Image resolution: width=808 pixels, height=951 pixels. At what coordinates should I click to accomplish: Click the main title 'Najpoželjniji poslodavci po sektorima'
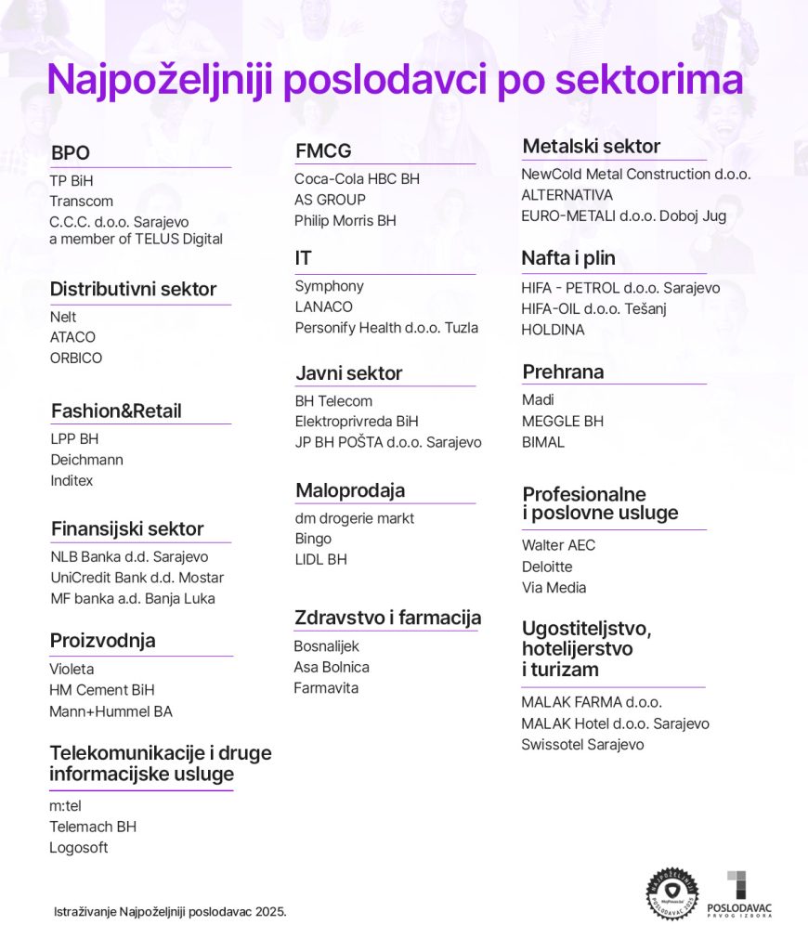pyautogui.click(x=395, y=81)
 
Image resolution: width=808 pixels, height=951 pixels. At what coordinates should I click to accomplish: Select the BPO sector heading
pyautogui.click(x=71, y=153)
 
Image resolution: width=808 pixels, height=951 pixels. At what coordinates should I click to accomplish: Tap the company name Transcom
pyautogui.click(x=82, y=202)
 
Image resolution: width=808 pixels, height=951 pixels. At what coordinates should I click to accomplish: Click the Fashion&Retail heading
pyautogui.click(x=116, y=410)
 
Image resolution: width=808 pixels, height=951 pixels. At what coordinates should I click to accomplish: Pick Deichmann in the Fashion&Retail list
pyautogui.click(x=86, y=460)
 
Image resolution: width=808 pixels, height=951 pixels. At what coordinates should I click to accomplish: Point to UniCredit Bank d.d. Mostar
pyautogui.click(x=137, y=578)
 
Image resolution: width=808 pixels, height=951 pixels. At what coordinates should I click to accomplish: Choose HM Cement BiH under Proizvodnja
pyautogui.click(x=102, y=690)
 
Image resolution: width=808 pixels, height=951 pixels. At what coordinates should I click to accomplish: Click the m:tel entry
pyautogui.click(x=66, y=806)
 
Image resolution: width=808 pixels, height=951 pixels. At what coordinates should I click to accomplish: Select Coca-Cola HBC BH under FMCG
pyautogui.click(x=358, y=178)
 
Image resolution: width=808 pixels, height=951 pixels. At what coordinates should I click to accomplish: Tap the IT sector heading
pyautogui.click(x=304, y=258)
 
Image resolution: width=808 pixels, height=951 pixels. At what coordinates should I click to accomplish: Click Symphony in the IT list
pyautogui.click(x=329, y=286)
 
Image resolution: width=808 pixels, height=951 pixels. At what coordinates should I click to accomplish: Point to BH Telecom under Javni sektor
pyautogui.click(x=333, y=401)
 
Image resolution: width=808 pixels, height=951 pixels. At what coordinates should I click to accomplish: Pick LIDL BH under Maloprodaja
pyautogui.click(x=320, y=560)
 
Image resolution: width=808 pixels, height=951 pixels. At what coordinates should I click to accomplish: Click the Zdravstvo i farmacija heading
pyautogui.click(x=387, y=618)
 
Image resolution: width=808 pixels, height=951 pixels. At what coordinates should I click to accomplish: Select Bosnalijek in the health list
pyautogui.click(x=326, y=646)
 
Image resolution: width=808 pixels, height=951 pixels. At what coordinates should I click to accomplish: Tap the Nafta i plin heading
pyautogui.click(x=568, y=258)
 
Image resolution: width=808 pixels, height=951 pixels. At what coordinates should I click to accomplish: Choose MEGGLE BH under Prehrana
pyautogui.click(x=562, y=422)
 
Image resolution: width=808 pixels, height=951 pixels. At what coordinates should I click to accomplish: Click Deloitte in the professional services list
pyautogui.click(x=547, y=567)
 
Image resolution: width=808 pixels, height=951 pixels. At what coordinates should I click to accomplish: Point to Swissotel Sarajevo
pyautogui.click(x=582, y=745)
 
